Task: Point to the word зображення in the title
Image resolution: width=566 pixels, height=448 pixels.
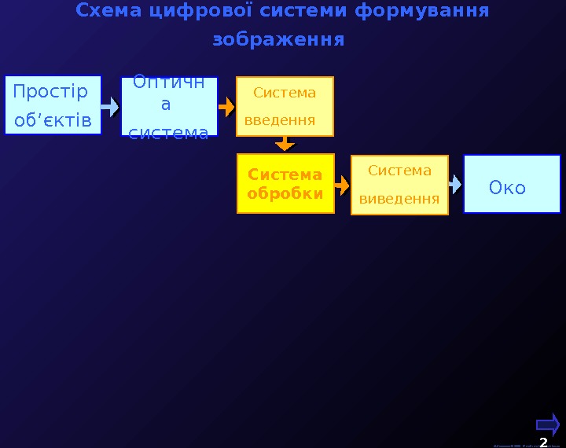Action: (x=278, y=39)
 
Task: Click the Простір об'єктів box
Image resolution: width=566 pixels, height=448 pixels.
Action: (x=53, y=105)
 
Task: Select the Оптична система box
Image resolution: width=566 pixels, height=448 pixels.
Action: (x=168, y=106)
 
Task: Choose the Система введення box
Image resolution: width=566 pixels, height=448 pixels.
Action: (x=285, y=106)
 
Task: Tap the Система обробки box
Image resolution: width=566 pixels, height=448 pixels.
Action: (x=285, y=184)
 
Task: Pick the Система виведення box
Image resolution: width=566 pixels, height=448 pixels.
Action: (x=399, y=185)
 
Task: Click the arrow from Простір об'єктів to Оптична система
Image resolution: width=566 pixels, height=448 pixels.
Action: (x=111, y=105)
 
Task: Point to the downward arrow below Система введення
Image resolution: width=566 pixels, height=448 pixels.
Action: (x=285, y=144)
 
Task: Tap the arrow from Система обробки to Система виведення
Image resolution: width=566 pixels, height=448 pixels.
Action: (x=342, y=185)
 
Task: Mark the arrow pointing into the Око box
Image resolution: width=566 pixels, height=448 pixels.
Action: (x=455, y=184)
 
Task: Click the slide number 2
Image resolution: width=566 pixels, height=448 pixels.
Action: (x=543, y=442)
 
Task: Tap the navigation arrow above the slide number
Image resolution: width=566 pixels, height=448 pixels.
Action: (x=548, y=424)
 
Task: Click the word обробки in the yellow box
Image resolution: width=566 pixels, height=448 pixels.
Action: (x=285, y=193)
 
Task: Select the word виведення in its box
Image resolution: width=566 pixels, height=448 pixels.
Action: (x=399, y=198)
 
